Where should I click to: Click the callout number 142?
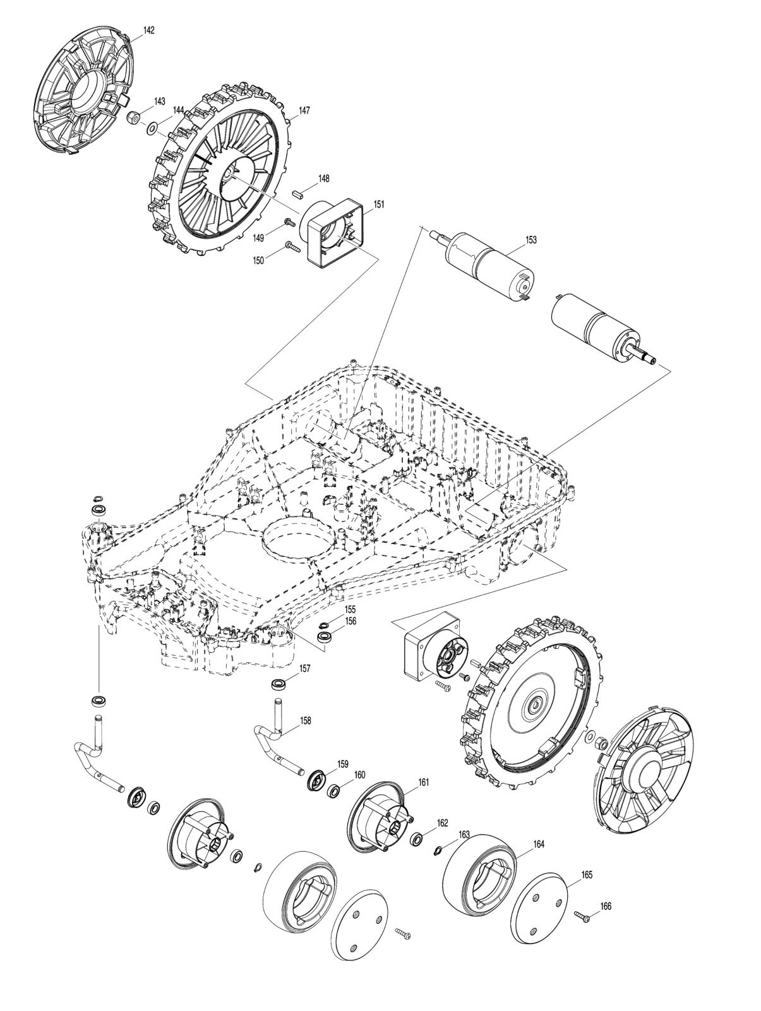[x=148, y=30]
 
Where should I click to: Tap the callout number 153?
[x=530, y=240]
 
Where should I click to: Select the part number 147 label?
[x=304, y=111]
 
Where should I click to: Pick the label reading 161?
[x=423, y=782]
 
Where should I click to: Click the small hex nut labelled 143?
[x=133, y=118]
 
